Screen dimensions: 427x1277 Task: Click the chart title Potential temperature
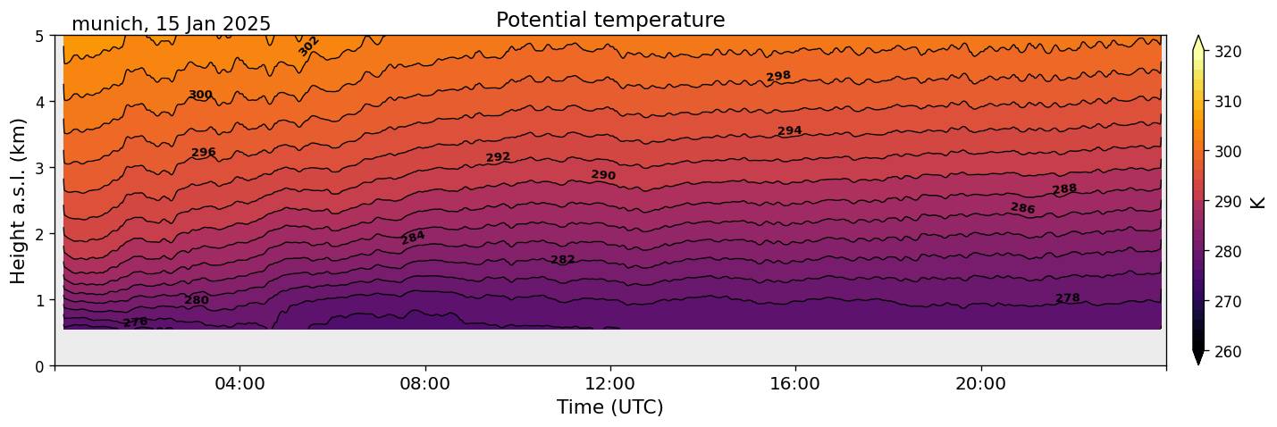point(610,20)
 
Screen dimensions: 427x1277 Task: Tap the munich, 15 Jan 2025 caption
point(171,24)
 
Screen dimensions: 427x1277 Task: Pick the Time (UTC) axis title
point(610,408)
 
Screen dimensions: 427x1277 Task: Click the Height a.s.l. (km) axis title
point(19,201)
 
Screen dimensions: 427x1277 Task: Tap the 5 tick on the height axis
point(40,37)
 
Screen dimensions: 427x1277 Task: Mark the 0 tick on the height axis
point(40,366)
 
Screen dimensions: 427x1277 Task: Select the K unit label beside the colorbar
point(1258,202)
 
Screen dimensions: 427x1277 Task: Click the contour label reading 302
point(308,46)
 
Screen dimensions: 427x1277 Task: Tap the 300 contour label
point(200,96)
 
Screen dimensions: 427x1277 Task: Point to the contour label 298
point(778,76)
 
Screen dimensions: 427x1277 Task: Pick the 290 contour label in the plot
point(603,175)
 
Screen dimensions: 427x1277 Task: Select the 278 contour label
point(1068,298)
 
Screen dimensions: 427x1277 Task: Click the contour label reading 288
point(1064,189)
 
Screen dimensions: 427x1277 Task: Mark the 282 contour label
point(563,260)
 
